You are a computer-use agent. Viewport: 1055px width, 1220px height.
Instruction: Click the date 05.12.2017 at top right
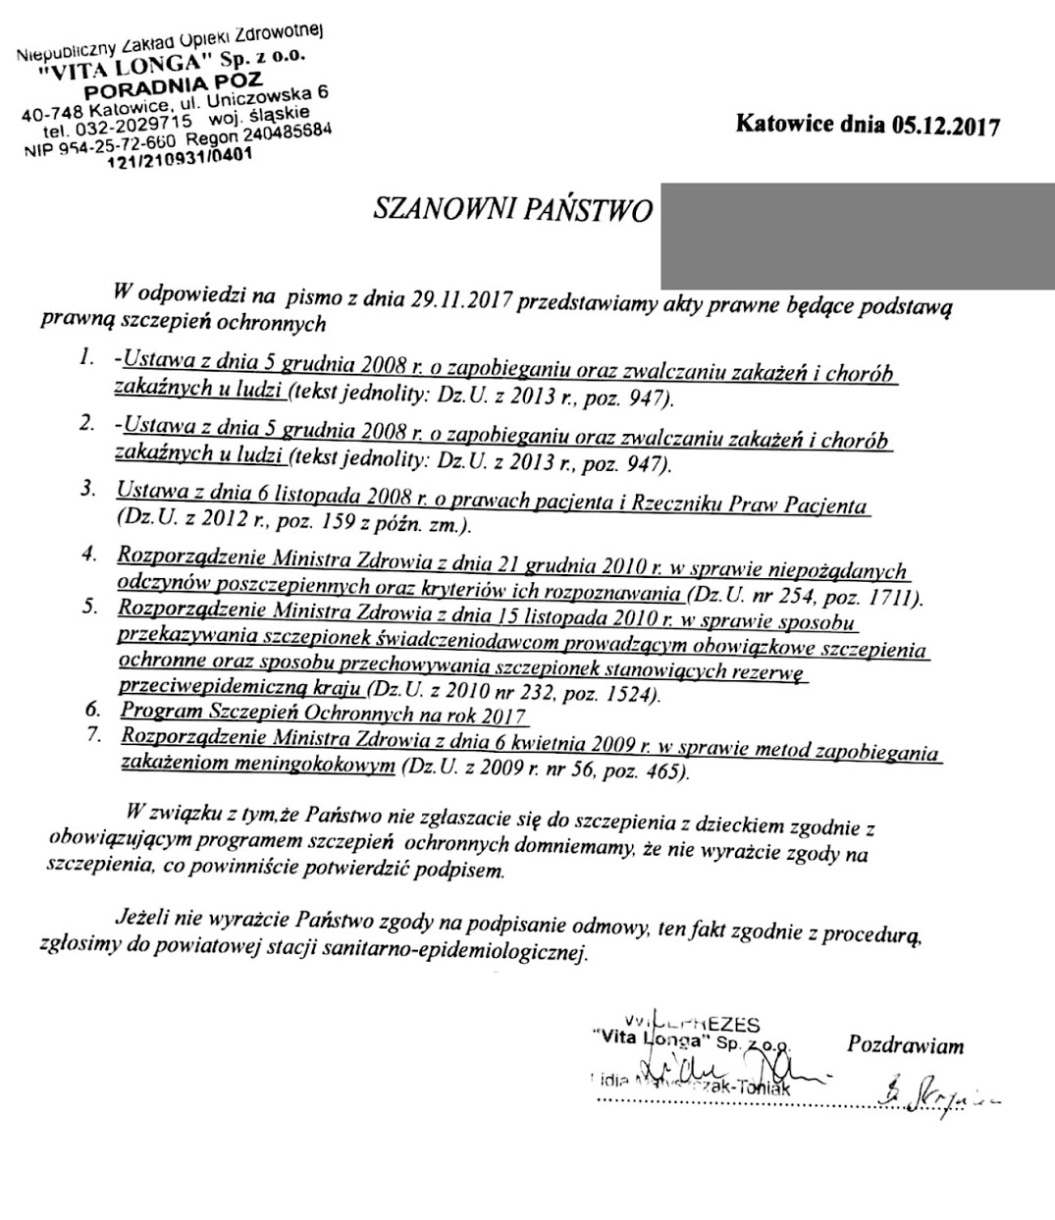(944, 126)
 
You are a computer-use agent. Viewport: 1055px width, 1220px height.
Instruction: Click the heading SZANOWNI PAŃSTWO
(513, 210)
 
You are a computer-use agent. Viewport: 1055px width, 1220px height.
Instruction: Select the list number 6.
(93, 709)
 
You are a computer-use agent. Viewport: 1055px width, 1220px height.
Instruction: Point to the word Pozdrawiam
(905, 1044)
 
